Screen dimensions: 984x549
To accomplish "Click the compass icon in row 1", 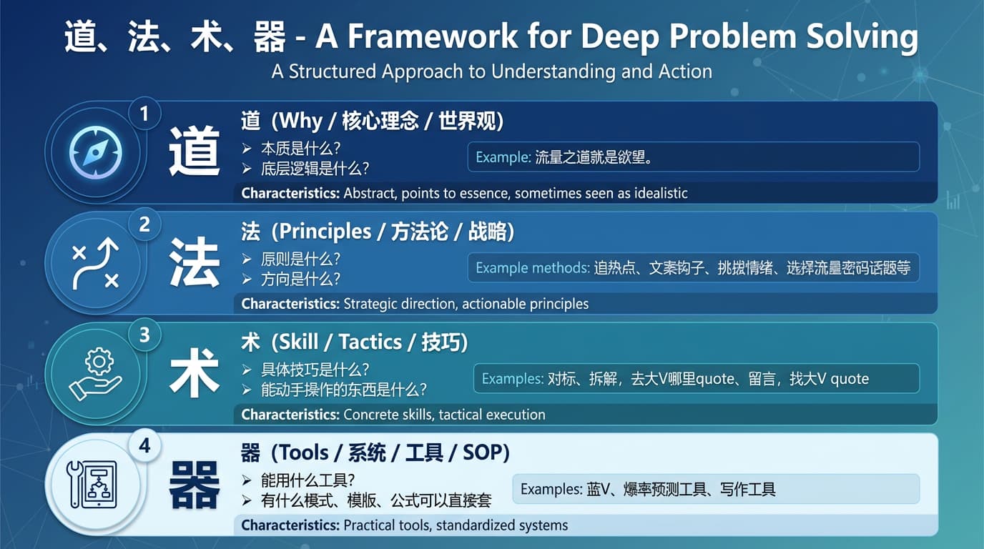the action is click(x=96, y=152).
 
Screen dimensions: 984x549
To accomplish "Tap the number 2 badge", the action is click(x=144, y=224).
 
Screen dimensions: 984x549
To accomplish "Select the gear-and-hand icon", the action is click(x=96, y=374).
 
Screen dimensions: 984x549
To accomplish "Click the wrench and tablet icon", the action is click(x=92, y=485).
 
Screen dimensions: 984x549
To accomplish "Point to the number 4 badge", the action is click(x=144, y=446).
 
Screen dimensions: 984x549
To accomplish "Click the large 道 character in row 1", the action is click(x=195, y=151).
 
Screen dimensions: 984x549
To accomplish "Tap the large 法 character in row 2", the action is click(x=195, y=262).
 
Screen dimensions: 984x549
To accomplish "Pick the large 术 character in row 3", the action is click(x=195, y=372).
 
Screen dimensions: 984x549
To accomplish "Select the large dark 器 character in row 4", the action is click(x=195, y=484).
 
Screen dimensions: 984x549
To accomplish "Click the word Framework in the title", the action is click(x=433, y=36).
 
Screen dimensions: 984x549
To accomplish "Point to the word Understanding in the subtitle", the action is click(x=553, y=72).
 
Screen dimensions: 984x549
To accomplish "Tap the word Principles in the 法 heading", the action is click(x=325, y=232).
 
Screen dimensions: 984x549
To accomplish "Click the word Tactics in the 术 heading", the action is click(x=370, y=342).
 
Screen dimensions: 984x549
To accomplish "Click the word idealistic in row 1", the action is click(x=661, y=193).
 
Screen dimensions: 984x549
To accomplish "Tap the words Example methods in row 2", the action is click(x=533, y=268).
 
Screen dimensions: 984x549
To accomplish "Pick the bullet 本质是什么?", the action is click(x=300, y=149).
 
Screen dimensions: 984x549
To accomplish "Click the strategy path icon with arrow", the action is click(x=95, y=264).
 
